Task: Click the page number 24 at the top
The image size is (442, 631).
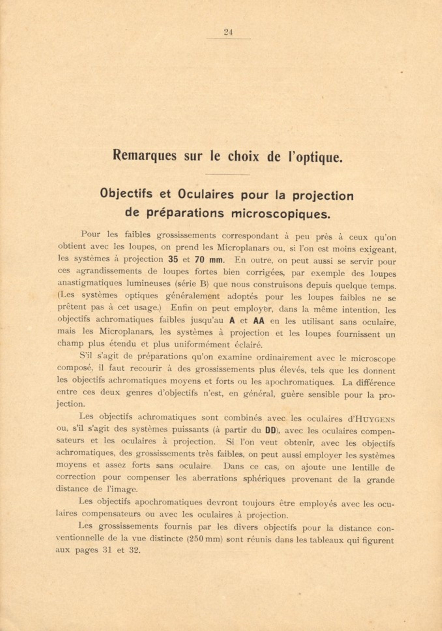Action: click(228, 32)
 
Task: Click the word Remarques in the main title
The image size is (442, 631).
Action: click(144, 156)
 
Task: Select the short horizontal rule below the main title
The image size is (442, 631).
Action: click(228, 175)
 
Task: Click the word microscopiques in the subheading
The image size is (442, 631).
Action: click(280, 214)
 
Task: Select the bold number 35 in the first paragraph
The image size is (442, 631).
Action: click(173, 260)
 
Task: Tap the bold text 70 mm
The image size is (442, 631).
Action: click(209, 260)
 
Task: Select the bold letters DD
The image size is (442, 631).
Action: click(270, 430)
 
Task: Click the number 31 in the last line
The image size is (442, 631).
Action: click(107, 550)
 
